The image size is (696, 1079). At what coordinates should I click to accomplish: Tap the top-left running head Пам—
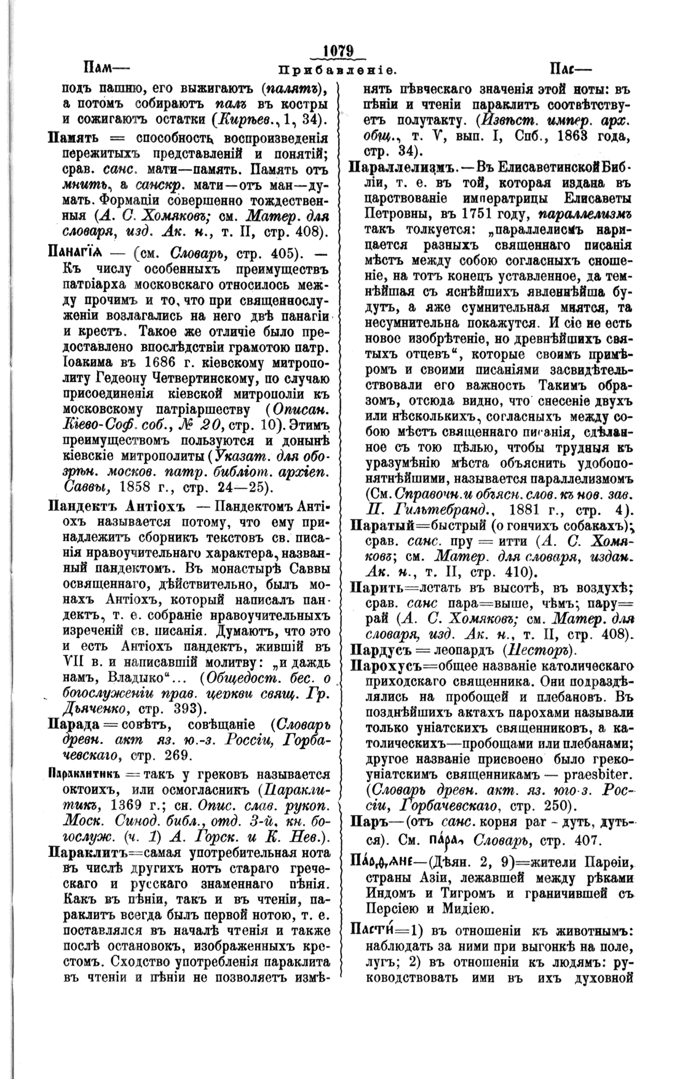pos(105,66)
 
